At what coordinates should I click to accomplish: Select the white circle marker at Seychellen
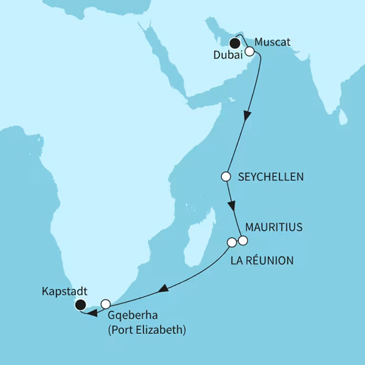(226, 176)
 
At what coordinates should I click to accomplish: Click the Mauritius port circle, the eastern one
(242, 242)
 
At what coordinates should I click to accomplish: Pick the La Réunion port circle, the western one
(231, 242)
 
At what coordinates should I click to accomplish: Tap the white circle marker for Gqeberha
(105, 304)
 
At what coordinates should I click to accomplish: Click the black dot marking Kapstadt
(80, 305)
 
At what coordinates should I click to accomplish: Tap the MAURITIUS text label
(273, 228)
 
